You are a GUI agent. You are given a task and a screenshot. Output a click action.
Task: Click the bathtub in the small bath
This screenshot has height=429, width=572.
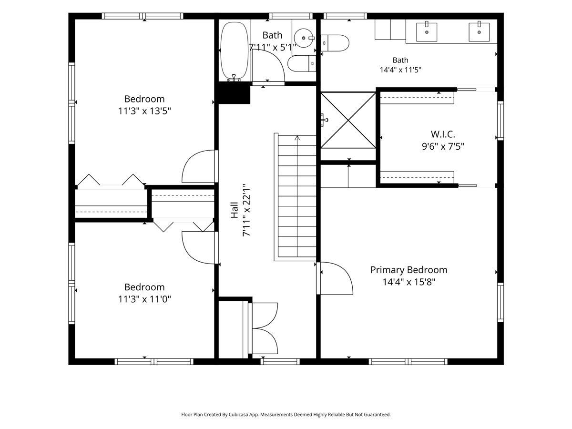pyautogui.click(x=234, y=51)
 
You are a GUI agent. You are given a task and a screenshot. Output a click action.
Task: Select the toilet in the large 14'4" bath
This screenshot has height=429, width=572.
pyautogui.click(x=335, y=43)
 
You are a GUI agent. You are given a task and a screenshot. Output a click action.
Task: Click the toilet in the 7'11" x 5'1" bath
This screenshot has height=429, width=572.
pyautogui.click(x=302, y=63)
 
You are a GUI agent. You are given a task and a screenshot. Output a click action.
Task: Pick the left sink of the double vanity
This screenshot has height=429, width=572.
pyautogui.click(x=427, y=32)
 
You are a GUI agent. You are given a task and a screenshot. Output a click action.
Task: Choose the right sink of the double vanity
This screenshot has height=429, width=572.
pyautogui.click(x=479, y=32)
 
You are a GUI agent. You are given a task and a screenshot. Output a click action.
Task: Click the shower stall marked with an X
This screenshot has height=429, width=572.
pyautogui.click(x=348, y=120)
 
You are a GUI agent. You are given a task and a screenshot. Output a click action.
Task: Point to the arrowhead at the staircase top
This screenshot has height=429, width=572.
pyautogui.click(x=297, y=138)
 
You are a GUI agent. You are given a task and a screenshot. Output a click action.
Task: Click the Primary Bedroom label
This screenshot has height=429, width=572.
pyautogui.click(x=409, y=270)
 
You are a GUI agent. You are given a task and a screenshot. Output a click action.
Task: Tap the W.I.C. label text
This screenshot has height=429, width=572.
pyautogui.click(x=443, y=134)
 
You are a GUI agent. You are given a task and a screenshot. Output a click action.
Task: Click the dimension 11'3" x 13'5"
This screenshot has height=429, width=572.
pyautogui.click(x=144, y=111)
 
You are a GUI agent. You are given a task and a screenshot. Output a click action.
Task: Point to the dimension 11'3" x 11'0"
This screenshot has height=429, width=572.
pyautogui.click(x=144, y=299)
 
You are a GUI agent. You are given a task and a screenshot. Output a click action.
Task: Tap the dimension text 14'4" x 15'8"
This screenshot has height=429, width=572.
pyautogui.click(x=409, y=282)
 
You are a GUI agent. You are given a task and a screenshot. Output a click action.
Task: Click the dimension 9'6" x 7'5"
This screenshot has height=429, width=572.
pyautogui.click(x=443, y=146)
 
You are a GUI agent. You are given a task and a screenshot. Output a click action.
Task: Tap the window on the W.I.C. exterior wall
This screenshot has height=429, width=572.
pyautogui.click(x=500, y=121)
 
